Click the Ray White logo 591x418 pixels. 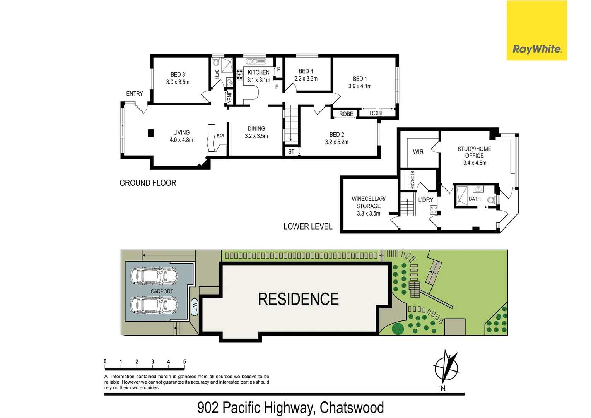coord(536,49)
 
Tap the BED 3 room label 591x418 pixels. coord(178,74)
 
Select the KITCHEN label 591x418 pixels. coord(258,72)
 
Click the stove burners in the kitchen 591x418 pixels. coord(239,74)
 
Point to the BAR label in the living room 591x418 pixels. coord(220,136)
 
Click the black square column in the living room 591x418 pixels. coord(151,133)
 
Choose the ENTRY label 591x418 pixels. coord(135,94)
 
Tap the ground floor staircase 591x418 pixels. coord(292,124)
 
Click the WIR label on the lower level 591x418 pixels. coord(418,152)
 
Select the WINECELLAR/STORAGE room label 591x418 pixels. coord(369,202)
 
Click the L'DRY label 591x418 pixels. coord(425,200)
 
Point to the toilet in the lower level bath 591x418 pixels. coord(491,200)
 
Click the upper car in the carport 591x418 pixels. coord(154,276)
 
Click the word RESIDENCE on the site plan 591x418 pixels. coord(298,299)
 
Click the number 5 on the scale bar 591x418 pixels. coord(184,361)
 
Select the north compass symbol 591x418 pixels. coord(446,368)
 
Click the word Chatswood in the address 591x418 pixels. coord(352,408)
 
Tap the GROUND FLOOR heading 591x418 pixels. coord(148,183)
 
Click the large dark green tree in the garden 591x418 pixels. coord(398,329)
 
